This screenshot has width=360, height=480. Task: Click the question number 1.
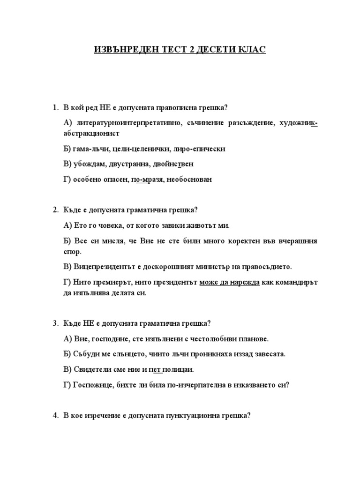point(55,108)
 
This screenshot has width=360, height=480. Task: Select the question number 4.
point(55,415)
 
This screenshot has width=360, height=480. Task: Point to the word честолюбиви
point(214,338)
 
